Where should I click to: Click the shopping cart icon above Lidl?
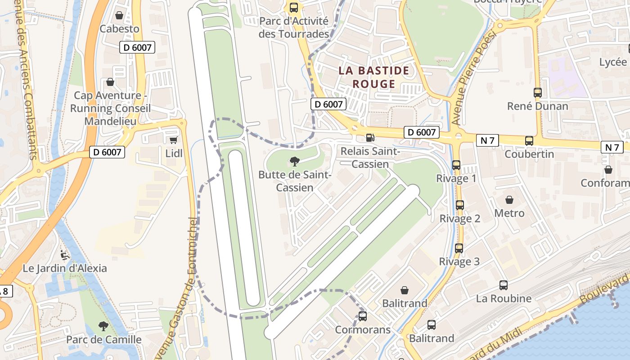coord(173,140)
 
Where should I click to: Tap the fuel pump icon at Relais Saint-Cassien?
coord(370,138)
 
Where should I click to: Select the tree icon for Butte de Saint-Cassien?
coord(295,161)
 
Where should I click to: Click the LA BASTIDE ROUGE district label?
coord(374,77)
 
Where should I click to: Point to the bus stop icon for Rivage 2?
coord(459,205)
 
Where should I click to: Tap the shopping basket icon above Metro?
coord(509,199)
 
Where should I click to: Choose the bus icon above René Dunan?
coord(537,93)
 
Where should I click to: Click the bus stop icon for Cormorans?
coord(363,316)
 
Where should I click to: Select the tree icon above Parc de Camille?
coord(103,326)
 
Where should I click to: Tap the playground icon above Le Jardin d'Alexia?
coord(65,255)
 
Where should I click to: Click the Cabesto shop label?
coord(119,29)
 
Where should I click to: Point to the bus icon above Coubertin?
coord(529,140)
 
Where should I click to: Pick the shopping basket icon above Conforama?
coord(608,170)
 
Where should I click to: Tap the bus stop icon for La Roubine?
coord(504,285)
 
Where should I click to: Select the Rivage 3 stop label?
coord(459,261)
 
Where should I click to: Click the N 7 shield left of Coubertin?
coord(487,140)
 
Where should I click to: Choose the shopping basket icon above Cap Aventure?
coord(110,82)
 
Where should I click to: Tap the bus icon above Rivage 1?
coord(456,165)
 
